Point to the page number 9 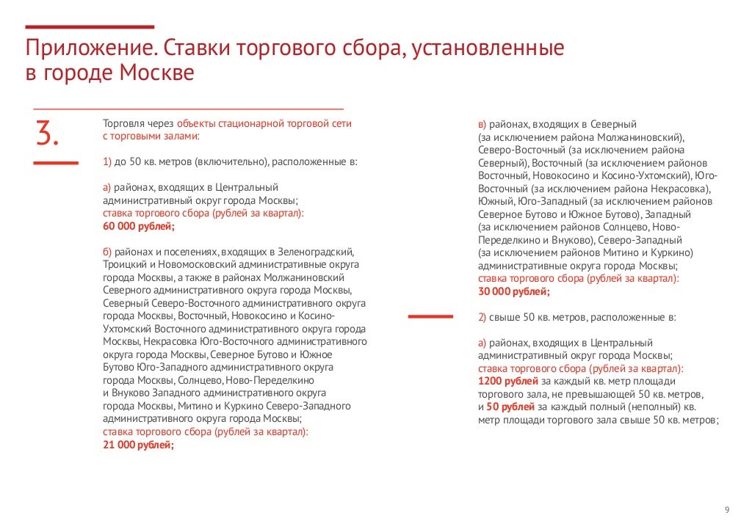pos(726,511)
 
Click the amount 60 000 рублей pos(138,226)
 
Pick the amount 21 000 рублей pos(138,445)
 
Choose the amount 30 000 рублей pos(513,292)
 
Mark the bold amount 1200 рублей pos(508,381)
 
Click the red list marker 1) pos(107,161)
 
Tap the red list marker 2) pos(482,318)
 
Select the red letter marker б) pos(107,251)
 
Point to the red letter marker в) pos(482,124)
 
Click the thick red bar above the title pos(90,26)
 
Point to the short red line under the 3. pos(57,161)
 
